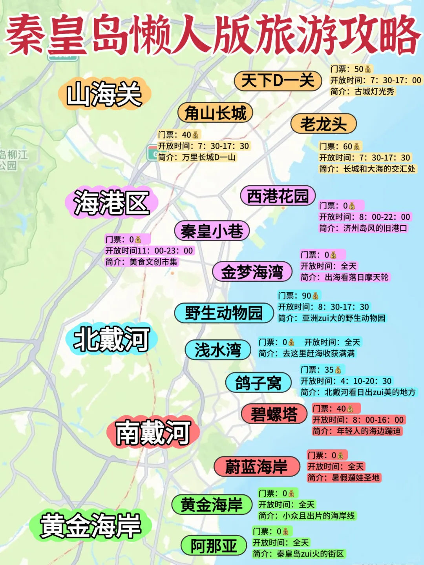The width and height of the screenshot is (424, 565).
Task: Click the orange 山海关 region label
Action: click(104, 94)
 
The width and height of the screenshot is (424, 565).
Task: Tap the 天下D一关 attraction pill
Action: click(278, 81)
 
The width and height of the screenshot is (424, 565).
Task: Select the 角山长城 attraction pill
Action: click(215, 113)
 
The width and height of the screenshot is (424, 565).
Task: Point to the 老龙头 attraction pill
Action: click(323, 124)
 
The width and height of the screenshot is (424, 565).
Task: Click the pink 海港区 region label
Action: click(112, 202)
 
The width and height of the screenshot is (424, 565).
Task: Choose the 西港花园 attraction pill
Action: click(278, 196)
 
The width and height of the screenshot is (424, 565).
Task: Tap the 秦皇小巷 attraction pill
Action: click(212, 231)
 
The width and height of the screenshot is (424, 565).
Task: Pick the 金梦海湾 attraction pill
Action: click(252, 272)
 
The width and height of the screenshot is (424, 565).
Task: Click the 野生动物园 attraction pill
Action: click(224, 313)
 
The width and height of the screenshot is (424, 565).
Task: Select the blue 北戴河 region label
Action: click(112, 339)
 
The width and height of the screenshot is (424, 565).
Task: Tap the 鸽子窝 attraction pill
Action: click(258, 383)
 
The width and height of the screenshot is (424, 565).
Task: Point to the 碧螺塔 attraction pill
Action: click(274, 414)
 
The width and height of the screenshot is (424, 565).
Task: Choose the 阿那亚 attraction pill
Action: click(214, 545)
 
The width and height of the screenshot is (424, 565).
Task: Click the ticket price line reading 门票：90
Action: click(299, 295)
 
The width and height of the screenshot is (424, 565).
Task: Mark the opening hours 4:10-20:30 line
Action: click(346, 381)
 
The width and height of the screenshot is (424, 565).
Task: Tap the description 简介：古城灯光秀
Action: click(362, 91)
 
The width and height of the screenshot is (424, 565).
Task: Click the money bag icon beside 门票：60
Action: click(356, 147)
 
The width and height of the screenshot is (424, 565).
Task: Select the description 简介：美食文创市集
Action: click(141, 262)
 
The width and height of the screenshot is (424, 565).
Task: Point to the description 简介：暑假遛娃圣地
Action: click(344, 478)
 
